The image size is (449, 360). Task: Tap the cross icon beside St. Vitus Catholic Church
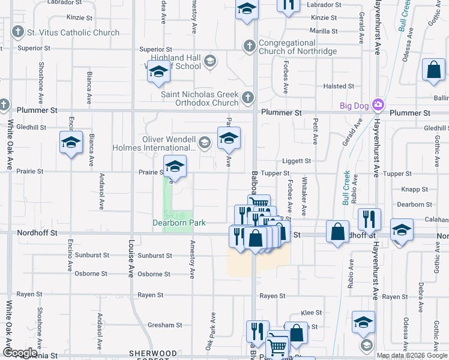point(18,32)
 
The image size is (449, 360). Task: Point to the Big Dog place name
point(353,106)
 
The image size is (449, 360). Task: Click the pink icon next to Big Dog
point(378,106)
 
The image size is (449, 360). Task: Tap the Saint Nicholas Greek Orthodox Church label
point(200,98)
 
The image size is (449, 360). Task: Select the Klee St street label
point(311,313)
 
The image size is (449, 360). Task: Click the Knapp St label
point(414,189)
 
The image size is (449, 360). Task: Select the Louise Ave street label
point(131,258)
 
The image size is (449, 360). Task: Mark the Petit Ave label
point(315,131)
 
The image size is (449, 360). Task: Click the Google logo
point(20,353)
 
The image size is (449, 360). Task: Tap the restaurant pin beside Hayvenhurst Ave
point(370,219)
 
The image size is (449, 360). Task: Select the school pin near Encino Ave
point(70,143)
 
